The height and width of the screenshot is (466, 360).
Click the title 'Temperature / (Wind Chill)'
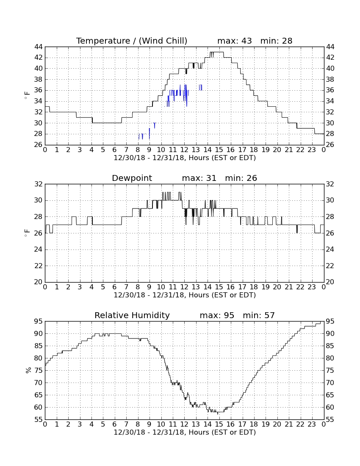[x=132, y=41]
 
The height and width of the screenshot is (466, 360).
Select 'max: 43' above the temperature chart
[x=234, y=41]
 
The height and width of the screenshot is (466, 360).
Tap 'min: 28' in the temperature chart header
[x=276, y=41]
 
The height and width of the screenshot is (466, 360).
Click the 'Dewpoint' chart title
[x=132, y=178]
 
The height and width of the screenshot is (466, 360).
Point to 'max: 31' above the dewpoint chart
[x=199, y=178]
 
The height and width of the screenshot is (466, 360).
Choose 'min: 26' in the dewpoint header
[x=241, y=178]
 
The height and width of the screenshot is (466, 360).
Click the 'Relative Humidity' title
[x=132, y=315]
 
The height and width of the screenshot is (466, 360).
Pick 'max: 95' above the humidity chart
[x=217, y=315]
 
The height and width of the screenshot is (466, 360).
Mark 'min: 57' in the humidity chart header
[x=259, y=315]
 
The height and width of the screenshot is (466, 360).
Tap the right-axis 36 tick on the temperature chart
[x=330, y=90]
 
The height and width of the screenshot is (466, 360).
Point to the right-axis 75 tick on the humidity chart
[x=330, y=370]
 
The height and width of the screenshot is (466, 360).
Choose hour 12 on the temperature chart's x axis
[x=185, y=150]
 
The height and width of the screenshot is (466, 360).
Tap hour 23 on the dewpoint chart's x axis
[x=312, y=287]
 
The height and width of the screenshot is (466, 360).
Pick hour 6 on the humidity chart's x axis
[x=115, y=424]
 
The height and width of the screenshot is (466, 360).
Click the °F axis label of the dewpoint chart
[x=27, y=233]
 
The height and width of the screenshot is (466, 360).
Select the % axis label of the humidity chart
[x=28, y=370]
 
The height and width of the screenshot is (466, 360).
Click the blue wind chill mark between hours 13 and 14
[x=201, y=87]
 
